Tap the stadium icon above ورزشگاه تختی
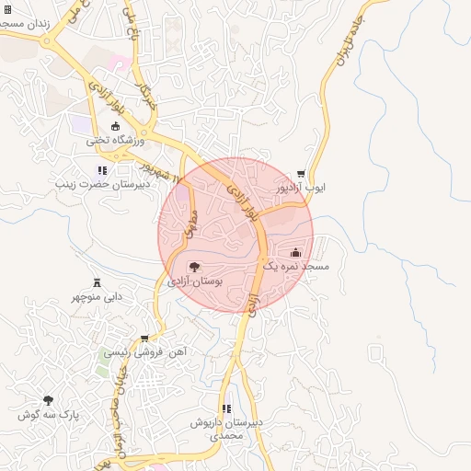coord(115,126)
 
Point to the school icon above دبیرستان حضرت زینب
coord(102,170)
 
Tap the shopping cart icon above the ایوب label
coord(301,174)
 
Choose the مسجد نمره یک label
coord(295,266)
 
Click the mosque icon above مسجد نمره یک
coord(295,252)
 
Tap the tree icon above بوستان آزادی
coord(193,267)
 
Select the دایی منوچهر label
coord(98,296)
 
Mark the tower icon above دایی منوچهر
coord(97,282)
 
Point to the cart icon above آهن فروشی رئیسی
coord(144,339)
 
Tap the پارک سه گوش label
coord(49,415)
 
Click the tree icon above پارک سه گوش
coord(49,400)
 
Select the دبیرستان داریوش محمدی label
coord(226,429)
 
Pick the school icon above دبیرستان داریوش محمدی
coord(226,408)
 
